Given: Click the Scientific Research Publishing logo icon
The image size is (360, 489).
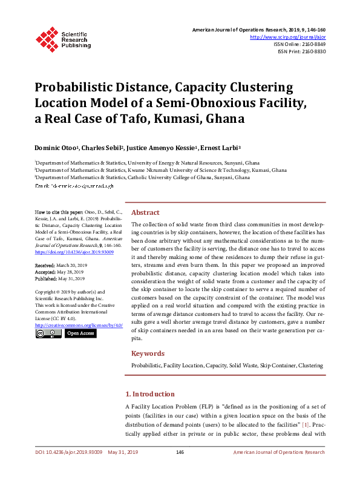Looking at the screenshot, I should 47,38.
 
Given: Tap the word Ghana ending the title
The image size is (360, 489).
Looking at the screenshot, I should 226,118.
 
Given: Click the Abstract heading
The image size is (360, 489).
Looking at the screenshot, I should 145,213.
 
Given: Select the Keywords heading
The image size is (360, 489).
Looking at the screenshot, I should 148,353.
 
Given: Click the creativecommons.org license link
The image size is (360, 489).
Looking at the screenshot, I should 79,325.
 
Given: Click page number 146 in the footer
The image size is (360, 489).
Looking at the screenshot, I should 180,452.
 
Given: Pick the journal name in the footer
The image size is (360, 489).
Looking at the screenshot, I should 279,452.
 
